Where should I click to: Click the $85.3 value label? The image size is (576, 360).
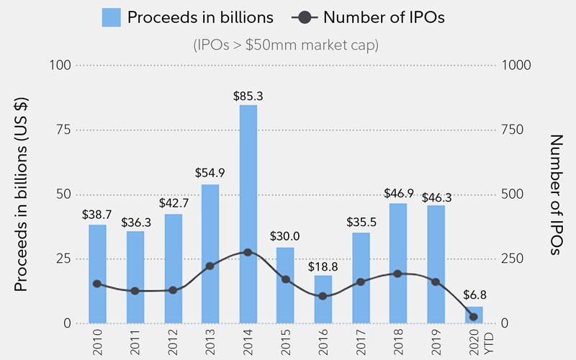(x=248, y=95)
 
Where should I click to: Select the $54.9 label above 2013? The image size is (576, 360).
(x=210, y=173)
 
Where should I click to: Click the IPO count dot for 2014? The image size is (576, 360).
(x=248, y=253)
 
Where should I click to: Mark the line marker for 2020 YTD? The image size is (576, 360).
(x=473, y=317)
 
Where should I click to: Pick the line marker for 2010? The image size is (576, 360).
(x=97, y=284)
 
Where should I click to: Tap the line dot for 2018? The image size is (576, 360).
(x=398, y=274)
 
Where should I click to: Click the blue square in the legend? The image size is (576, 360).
(x=111, y=17)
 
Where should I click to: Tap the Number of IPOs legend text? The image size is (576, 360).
(x=384, y=17)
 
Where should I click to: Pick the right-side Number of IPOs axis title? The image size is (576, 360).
(x=555, y=194)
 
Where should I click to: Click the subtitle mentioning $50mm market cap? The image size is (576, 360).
(x=286, y=45)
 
